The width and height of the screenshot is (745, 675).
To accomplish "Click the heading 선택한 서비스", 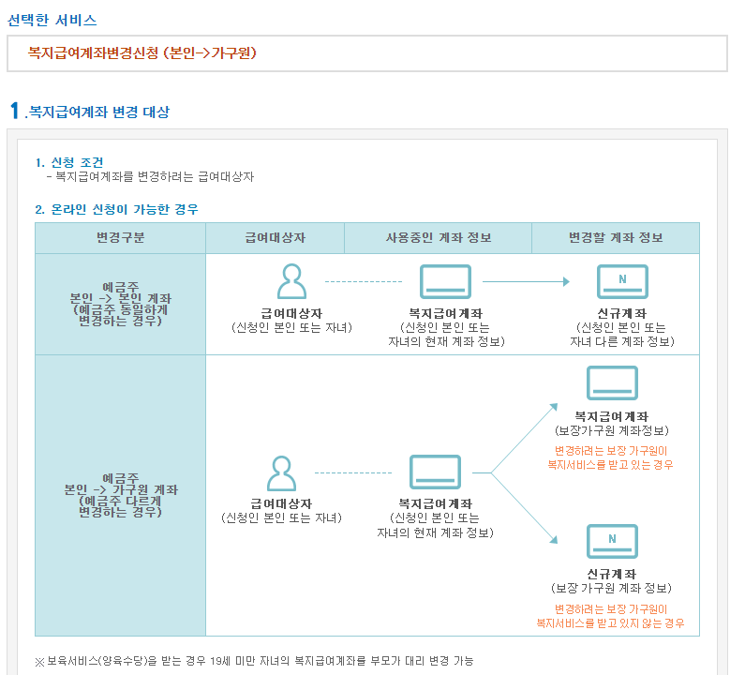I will coord(52,20).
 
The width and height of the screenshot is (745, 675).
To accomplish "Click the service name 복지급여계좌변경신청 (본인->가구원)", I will coord(142,53).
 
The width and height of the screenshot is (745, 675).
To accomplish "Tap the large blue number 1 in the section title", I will coord(14,111).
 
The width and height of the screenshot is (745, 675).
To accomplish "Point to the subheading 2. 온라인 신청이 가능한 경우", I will coord(116,209).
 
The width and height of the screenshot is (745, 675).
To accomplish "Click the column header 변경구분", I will coord(120,238).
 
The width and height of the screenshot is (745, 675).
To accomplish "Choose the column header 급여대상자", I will coord(275,238).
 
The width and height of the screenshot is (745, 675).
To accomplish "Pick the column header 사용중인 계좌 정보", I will coord(438,238).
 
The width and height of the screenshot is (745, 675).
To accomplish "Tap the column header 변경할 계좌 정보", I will coord(615,238).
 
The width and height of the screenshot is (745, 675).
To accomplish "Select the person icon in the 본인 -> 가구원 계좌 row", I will coord(281,473).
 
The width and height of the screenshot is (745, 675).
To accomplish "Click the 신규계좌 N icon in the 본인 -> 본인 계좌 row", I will coord(622,281).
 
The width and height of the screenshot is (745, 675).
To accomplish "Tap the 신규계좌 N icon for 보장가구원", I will coord(612,541).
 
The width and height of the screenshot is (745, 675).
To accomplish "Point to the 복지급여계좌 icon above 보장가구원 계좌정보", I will coord(612,383).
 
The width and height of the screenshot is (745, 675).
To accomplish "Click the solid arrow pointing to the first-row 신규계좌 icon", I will coord(527,281).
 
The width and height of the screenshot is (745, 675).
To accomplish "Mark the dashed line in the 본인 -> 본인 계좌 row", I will coord(364,281).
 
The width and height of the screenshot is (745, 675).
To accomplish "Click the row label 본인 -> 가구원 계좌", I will coord(120,489).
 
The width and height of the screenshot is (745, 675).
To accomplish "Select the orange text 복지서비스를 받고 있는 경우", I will coord(610,464).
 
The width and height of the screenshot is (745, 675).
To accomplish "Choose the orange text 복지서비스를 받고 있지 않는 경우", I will coord(610,622).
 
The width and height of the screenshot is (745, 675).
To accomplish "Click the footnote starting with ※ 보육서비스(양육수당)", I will coord(254,661).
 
